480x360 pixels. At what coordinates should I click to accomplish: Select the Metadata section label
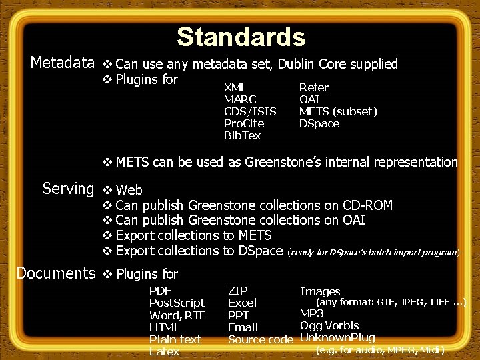tap(63, 63)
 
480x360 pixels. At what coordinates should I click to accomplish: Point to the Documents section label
tap(56, 273)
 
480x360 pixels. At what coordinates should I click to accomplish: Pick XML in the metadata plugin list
tap(235, 87)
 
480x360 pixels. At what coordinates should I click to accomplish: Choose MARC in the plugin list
tap(240, 99)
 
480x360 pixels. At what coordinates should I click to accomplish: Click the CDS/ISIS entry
tap(250, 111)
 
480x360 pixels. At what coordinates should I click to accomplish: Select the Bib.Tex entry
tap(243, 135)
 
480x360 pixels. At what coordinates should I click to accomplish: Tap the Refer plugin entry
tap(313, 87)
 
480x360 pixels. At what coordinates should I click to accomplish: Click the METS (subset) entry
tap(338, 111)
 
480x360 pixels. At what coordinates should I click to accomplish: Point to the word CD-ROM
tap(367, 205)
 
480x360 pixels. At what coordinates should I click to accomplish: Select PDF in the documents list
tap(160, 291)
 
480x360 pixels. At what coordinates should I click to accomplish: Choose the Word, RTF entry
tap(177, 315)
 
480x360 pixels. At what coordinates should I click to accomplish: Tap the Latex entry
tap(164, 351)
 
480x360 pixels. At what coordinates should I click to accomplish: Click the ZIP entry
tap(237, 291)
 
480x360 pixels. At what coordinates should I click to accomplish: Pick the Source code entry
tap(260, 339)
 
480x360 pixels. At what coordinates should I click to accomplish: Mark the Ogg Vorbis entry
tap(329, 325)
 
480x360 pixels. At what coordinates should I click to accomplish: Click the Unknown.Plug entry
tap(337, 337)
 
